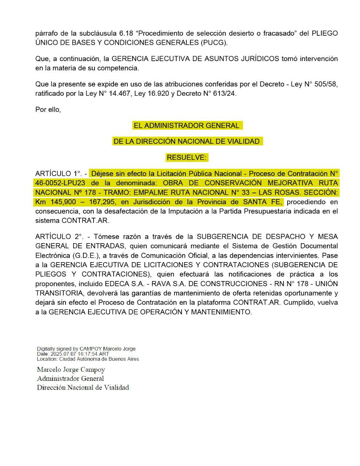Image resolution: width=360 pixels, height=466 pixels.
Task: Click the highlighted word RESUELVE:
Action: [x=187, y=158]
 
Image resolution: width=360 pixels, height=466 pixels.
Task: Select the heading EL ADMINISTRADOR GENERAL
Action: [x=187, y=126]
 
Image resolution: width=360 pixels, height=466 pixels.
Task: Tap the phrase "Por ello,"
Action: [x=48, y=109]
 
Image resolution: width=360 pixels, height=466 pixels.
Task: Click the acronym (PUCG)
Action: [x=214, y=43]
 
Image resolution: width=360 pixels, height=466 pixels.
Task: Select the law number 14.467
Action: [x=117, y=94]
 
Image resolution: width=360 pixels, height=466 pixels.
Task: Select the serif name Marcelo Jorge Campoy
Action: [x=71, y=370]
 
